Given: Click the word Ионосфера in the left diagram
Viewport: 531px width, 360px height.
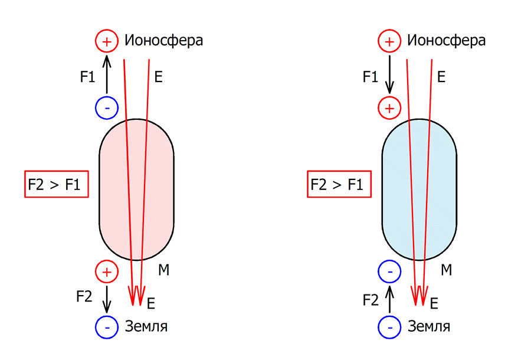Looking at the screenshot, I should (163, 41).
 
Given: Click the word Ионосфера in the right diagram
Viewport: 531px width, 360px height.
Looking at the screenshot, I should (447, 41).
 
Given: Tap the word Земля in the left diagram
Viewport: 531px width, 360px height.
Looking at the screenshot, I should (150, 326).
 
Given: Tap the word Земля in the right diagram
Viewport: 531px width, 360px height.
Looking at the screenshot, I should (434, 326).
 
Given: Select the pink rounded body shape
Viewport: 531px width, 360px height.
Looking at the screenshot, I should (118, 189).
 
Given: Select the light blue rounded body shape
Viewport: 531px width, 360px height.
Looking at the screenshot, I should (401, 189).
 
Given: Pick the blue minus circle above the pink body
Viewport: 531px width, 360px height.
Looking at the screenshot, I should (107, 107).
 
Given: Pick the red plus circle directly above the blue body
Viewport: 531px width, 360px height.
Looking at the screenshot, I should (389, 107).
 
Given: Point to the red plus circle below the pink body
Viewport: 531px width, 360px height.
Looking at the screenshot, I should (107, 271).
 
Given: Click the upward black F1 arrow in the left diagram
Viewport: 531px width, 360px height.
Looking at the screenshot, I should (107, 74).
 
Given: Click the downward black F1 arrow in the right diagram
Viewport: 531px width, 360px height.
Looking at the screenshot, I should (389, 74).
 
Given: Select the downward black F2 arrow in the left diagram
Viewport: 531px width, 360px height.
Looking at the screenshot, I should (107, 299).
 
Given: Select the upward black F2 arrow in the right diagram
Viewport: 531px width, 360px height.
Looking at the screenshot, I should (389, 299).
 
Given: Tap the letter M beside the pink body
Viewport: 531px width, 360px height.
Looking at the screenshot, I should (164, 271).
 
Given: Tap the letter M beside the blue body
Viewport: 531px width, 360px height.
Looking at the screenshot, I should (447, 271).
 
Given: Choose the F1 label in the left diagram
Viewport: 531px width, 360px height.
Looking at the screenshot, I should (87, 76).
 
